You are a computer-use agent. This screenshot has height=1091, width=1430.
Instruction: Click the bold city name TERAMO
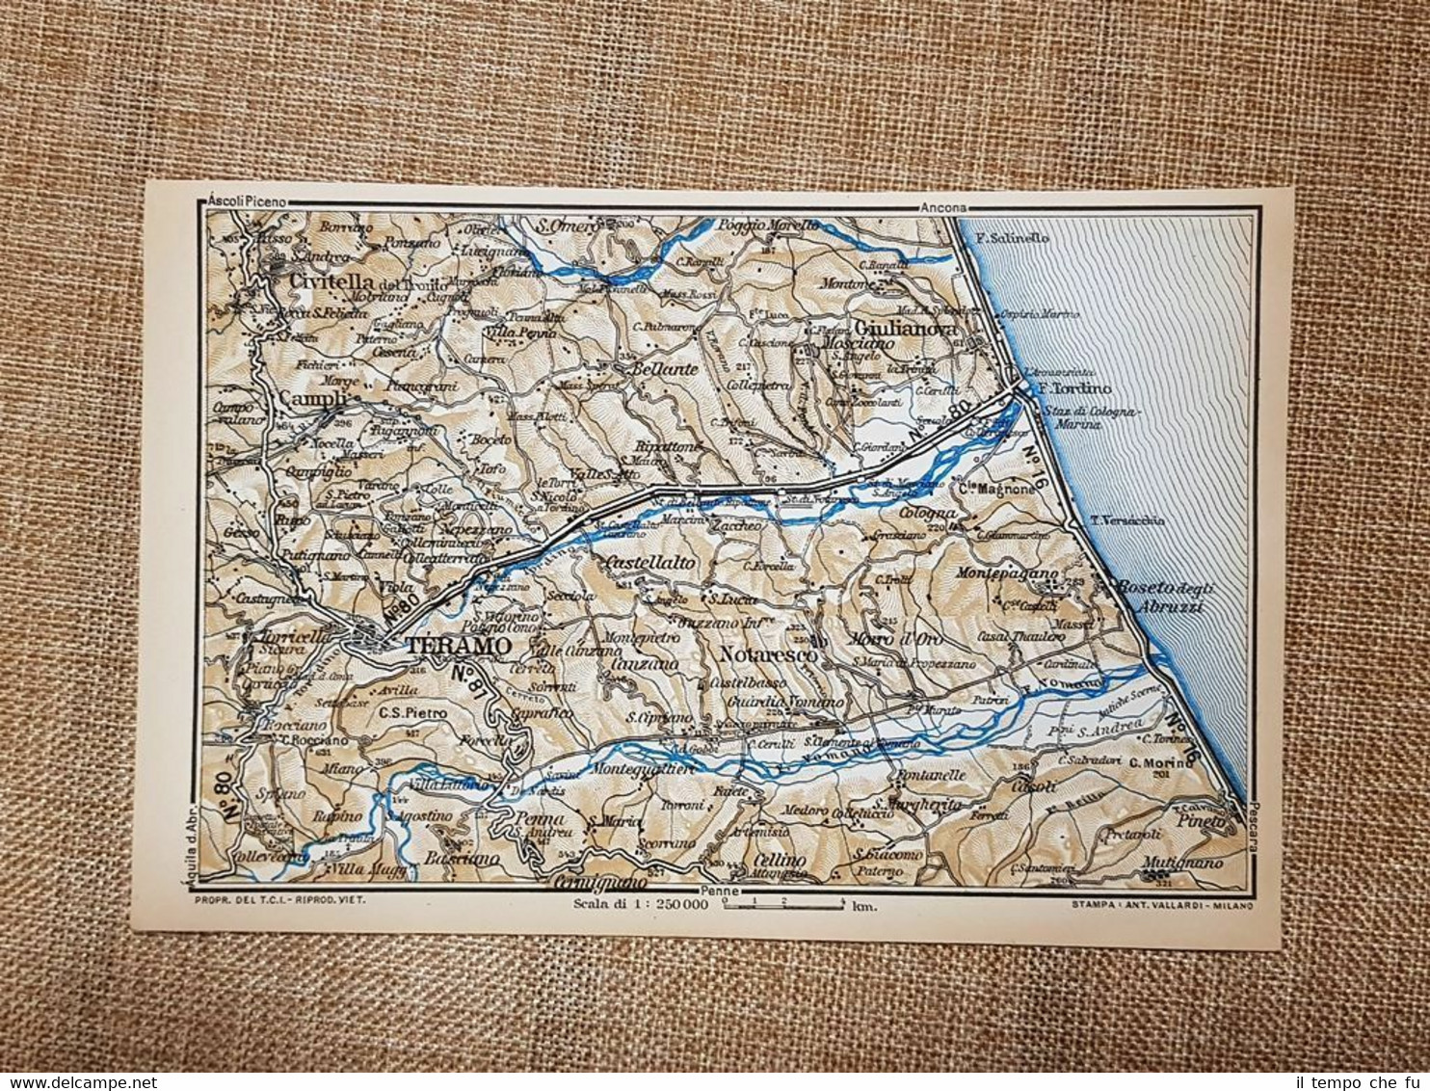(x=456, y=647)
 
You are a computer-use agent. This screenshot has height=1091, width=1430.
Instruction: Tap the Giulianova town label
(x=900, y=329)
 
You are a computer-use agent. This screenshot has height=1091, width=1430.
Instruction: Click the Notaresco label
(x=768, y=655)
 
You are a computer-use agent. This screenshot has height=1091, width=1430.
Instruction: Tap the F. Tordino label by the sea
(x=1071, y=388)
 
